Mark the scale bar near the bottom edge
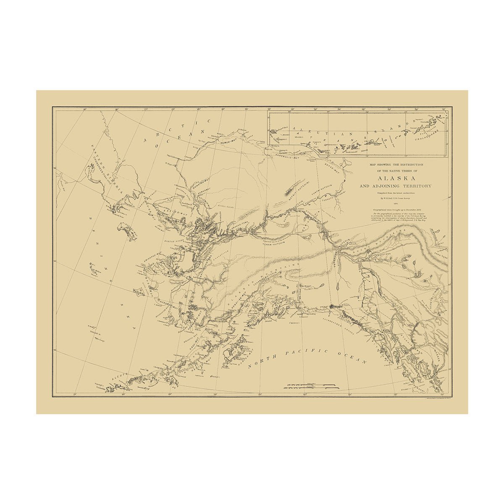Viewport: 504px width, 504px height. click(x=311, y=386)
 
